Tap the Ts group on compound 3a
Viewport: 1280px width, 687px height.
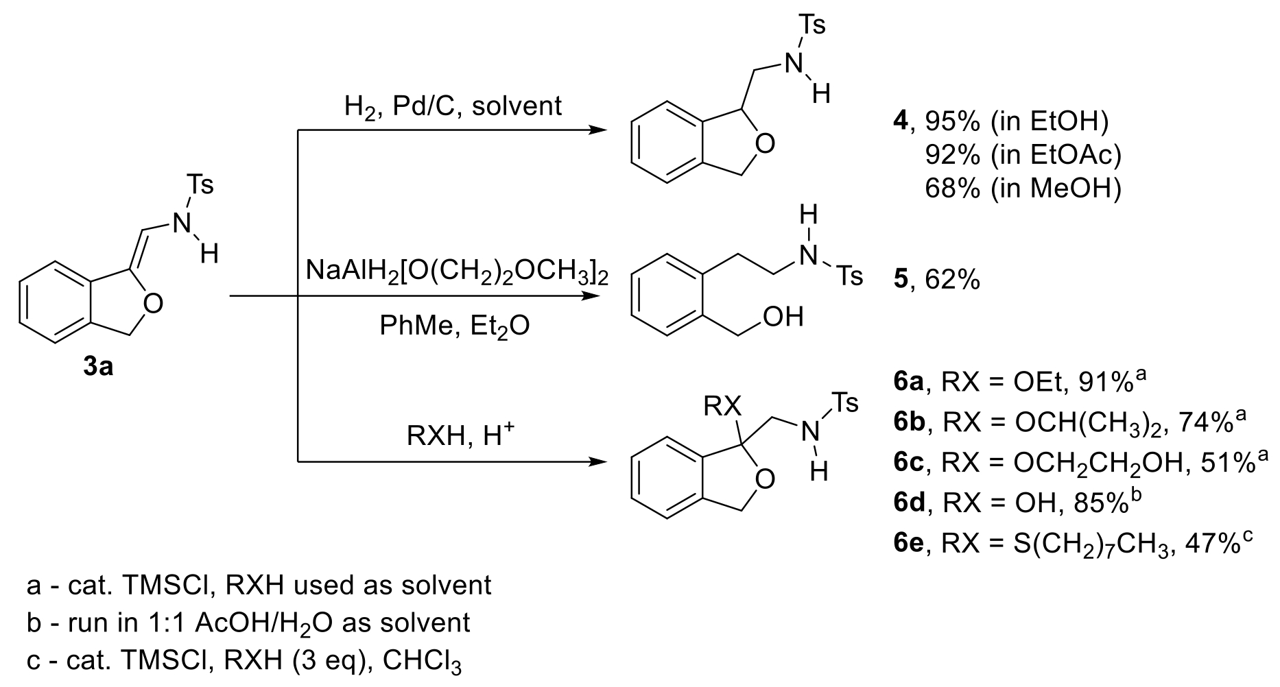200,184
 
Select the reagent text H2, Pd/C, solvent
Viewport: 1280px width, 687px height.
453,106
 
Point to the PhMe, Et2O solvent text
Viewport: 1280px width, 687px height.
454,326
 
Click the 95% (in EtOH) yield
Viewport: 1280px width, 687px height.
1015,122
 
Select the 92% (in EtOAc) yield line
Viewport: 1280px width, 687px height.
1022,156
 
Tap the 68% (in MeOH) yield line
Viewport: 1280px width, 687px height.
1022,188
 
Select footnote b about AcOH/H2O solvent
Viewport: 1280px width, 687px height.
248,623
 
